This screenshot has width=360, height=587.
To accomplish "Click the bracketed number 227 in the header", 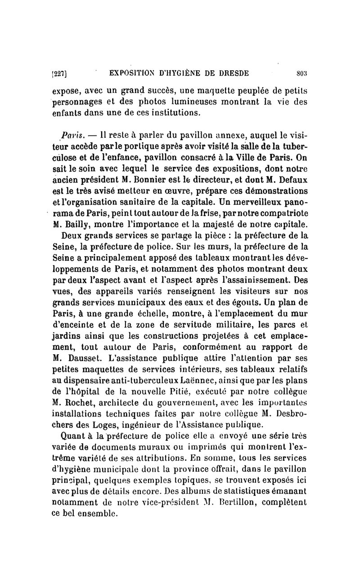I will click(x=60, y=73).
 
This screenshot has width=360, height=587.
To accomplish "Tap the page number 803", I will click(x=301, y=73).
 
